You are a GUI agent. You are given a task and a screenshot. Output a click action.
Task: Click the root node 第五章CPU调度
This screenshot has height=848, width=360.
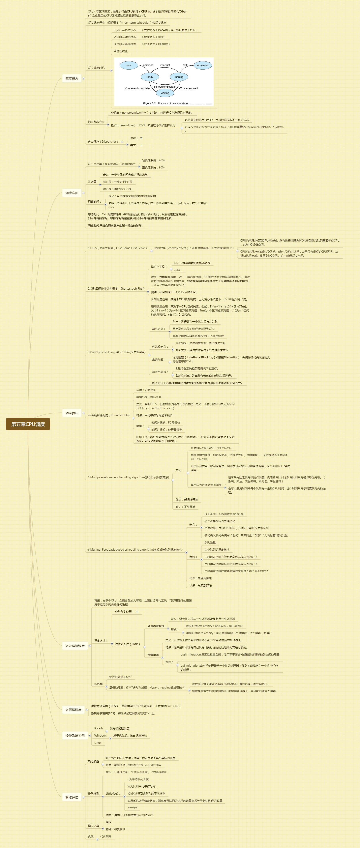tap(28, 424)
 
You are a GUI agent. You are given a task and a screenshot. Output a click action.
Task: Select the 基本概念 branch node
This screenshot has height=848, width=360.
tap(72, 78)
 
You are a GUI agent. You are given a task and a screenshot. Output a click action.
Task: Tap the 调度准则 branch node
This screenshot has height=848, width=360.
tap(72, 193)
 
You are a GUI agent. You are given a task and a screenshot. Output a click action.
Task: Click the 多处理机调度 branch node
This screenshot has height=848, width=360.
tap(75, 646)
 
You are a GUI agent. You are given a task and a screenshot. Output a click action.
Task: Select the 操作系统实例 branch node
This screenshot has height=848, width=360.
tap(75, 735)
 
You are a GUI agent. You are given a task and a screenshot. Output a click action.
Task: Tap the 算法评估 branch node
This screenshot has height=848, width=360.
tap(72, 797)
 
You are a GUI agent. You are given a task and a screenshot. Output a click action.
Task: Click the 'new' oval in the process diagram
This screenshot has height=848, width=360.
tap(129, 66)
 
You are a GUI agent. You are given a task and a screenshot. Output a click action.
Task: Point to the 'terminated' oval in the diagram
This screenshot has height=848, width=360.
tap(203, 66)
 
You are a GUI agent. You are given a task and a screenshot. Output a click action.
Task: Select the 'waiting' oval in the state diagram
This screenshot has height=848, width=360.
tap(165, 93)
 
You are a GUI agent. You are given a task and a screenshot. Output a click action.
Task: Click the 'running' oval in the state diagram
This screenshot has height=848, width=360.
tap(179, 77)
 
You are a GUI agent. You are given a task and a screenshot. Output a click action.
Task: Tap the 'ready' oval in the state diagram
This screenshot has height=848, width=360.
tap(150, 77)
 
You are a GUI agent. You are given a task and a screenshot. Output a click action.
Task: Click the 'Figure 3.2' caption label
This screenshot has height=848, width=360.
tap(149, 103)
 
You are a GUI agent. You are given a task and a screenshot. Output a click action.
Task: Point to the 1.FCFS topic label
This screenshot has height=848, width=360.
tap(117, 248)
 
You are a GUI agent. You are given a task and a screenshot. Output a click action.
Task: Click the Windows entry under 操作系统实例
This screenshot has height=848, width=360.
tap(101, 735)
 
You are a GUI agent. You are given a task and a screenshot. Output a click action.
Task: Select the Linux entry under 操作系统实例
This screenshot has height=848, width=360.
tap(98, 743)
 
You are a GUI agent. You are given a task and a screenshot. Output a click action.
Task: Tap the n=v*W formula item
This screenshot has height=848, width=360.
tap(132, 808)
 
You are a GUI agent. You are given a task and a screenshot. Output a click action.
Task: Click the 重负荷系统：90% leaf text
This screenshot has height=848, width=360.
tap(153, 168)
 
